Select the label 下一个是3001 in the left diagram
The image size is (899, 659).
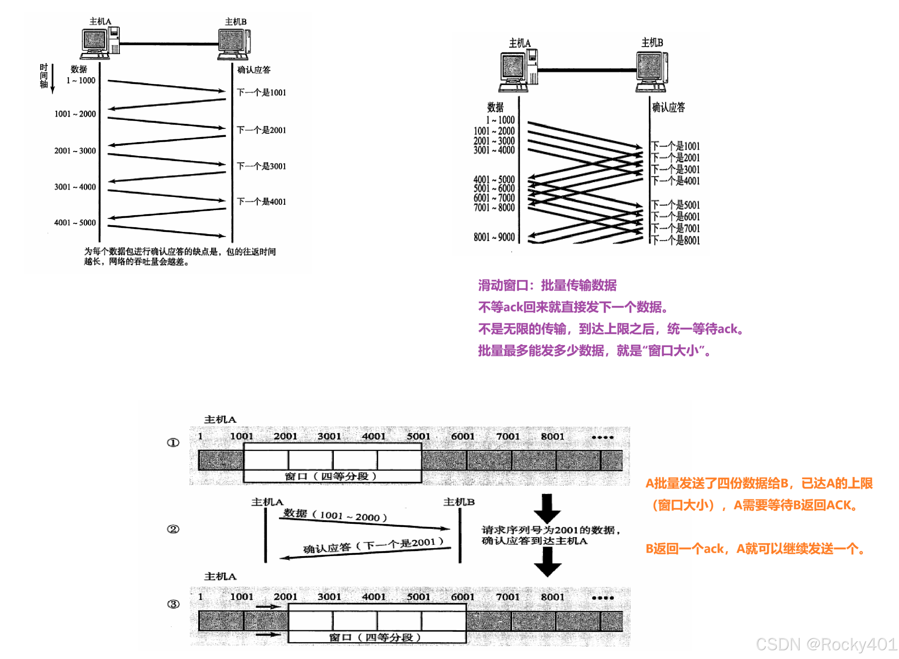(261, 166)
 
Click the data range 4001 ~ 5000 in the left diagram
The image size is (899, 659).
(75, 222)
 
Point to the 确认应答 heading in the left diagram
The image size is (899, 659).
(254, 70)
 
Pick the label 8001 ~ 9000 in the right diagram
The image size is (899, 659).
(494, 237)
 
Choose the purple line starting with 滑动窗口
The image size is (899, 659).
(547, 286)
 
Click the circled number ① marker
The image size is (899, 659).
(173, 443)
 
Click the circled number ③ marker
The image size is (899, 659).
(173, 604)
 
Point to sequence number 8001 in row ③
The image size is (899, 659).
(552, 597)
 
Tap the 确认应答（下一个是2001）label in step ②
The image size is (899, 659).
(373, 545)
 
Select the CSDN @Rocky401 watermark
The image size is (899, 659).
(826, 644)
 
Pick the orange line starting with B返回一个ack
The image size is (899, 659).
(754, 549)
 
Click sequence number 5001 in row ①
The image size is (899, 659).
(418, 437)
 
